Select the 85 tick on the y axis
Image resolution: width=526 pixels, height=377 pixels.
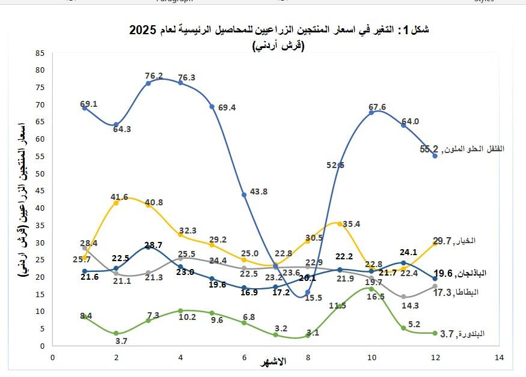tap(40, 53)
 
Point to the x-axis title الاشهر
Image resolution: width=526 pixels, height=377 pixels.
tap(274, 361)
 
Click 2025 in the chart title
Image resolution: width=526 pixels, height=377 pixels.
tap(142, 30)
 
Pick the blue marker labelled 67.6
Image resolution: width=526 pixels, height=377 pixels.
tap(372, 112)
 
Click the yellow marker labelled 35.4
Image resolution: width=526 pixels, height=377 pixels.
tap(340, 224)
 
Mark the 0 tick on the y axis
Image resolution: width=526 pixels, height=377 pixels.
tap(43, 346)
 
